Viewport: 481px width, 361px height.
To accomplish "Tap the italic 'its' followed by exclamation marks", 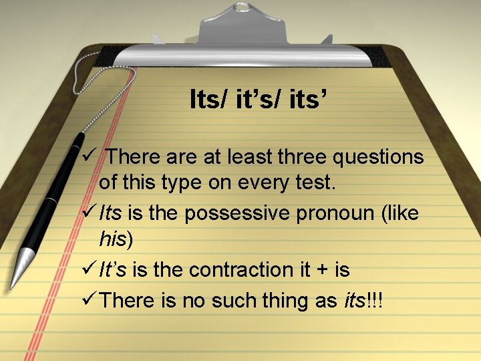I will [353, 302].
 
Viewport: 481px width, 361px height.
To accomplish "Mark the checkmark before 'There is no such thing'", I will [88, 301].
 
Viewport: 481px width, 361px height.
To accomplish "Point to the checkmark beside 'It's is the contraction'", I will [88, 269].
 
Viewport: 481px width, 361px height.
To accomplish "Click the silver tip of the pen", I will [25, 261].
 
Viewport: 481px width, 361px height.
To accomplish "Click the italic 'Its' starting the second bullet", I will [110, 213].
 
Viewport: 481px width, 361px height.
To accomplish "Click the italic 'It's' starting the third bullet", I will [113, 269].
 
